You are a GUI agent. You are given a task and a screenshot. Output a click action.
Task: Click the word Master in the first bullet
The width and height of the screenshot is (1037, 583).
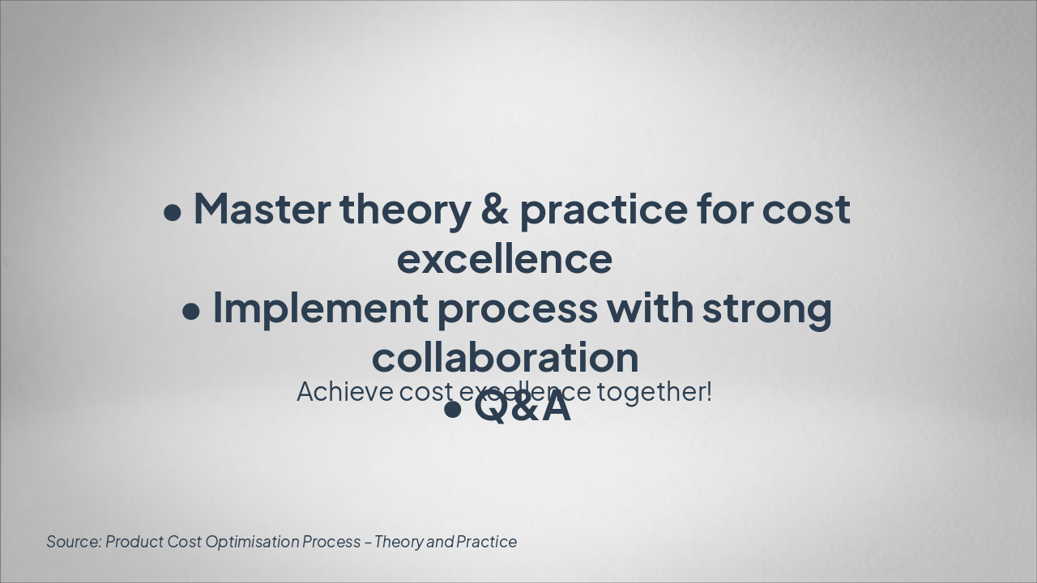[x=261, y=209]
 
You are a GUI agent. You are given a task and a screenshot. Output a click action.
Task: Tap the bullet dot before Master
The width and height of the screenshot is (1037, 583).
[x=173, y=213]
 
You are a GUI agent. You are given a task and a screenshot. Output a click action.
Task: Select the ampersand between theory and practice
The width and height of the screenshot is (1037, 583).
[x=494, y=209]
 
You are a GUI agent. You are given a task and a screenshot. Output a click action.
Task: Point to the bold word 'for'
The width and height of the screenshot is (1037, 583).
[x=725, y=209]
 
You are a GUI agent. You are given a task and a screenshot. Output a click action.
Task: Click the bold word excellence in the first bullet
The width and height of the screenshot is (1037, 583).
[x=504, y=259]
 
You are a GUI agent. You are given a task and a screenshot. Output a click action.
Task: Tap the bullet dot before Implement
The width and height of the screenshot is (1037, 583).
[x=192, y=312]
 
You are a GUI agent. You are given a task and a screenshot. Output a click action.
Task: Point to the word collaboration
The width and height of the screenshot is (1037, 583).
[x=505, y=357]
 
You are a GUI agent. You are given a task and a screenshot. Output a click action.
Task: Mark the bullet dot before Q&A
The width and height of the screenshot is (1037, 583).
[x=453, y=410]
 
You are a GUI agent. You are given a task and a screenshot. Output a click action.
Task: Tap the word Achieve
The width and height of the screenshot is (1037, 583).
[x=344, y=392]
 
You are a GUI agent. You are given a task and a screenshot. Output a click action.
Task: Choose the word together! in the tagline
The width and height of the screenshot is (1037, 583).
[x=655, y=392]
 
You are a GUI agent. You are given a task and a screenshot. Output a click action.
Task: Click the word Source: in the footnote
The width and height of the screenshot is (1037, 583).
[x=74, y=542]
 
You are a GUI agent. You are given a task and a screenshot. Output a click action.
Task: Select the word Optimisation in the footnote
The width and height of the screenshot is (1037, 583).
[x=251, y=542]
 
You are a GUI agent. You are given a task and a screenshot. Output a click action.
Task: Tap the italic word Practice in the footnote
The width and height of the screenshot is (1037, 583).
[x=486, y=542]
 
